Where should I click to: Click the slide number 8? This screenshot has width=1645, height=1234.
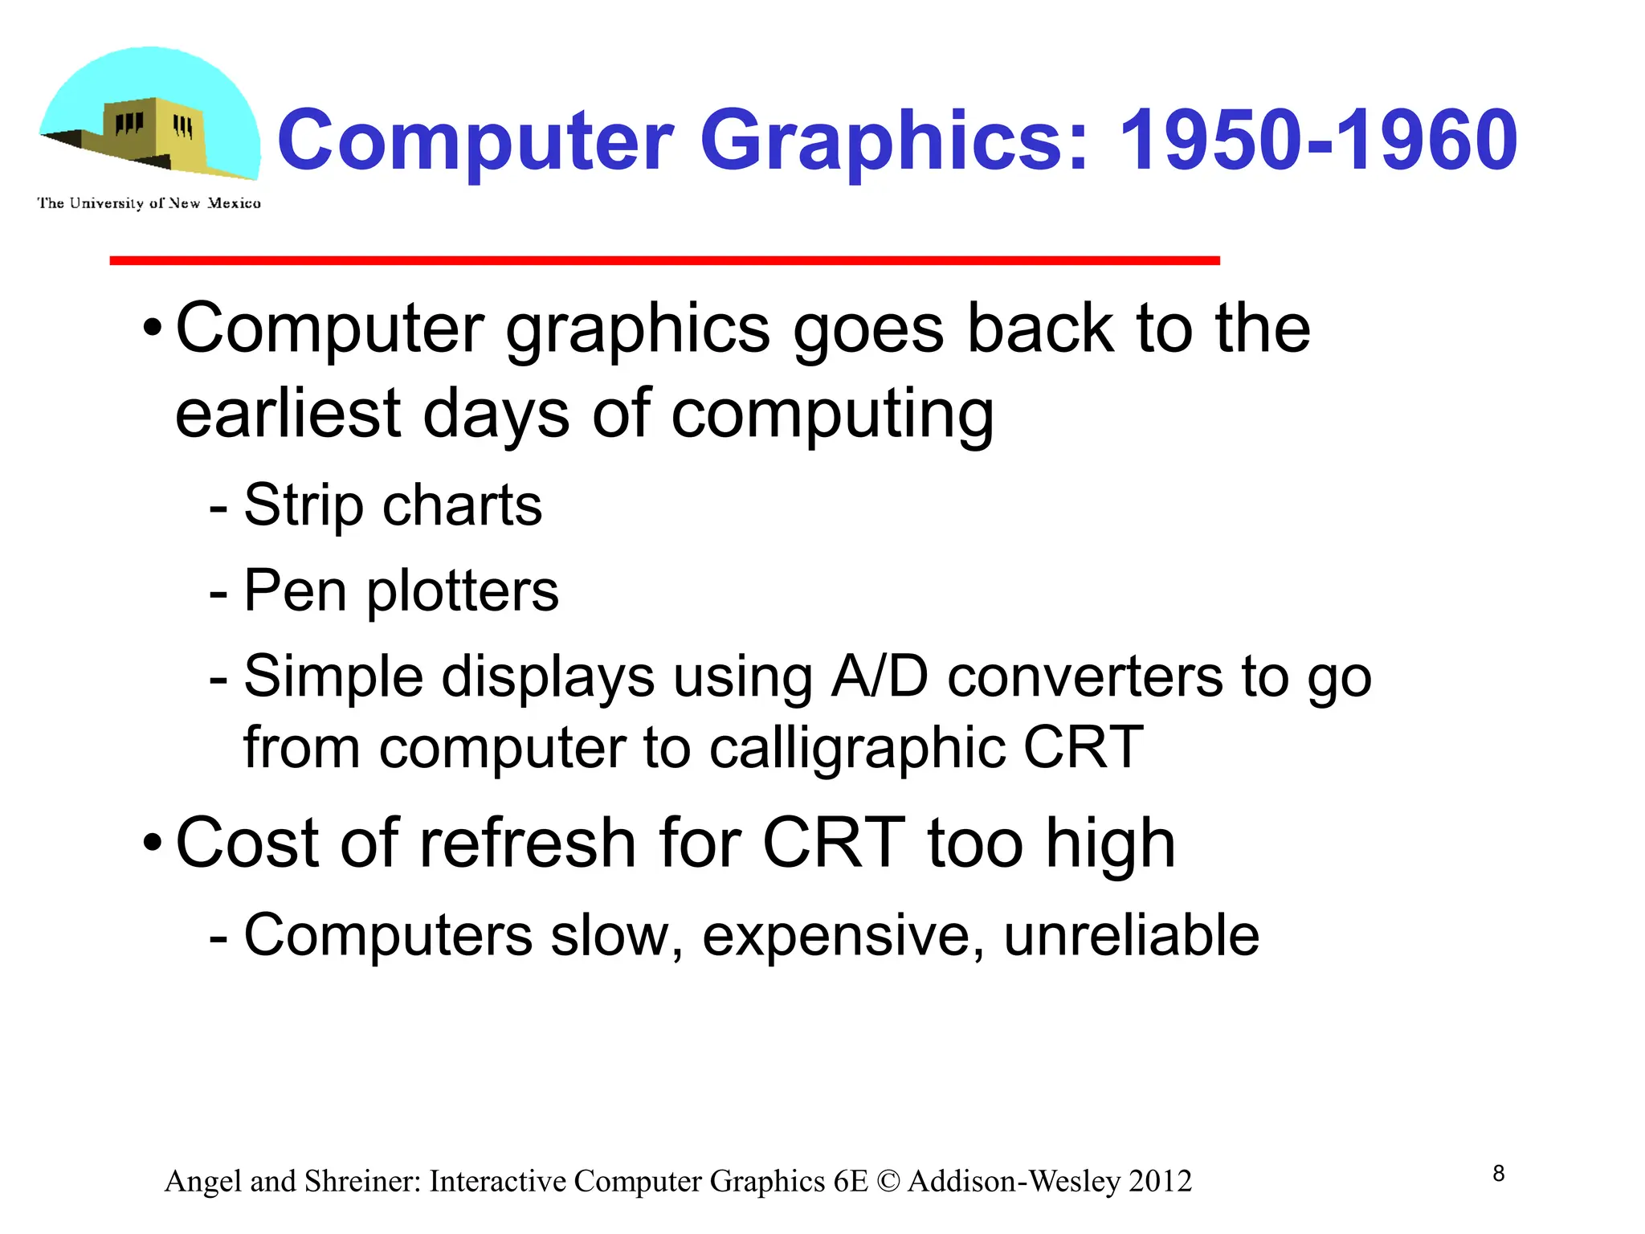pyautogui.click(x=1498, y=1174)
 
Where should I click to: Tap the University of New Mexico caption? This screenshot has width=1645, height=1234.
pyautogui.click(x=149, y=203)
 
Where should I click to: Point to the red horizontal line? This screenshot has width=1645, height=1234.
pyautogui.click(x=664, y=260)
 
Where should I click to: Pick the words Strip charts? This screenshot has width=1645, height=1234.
pyautogui.click(x=393, y=505)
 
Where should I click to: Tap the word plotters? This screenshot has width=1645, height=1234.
pyautogui.click(x=462, y=591)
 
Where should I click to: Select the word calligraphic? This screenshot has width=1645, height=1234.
pyautogui.click(x=857, y=748)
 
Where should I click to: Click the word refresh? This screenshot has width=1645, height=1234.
pyautogui.click(x=528, y=844)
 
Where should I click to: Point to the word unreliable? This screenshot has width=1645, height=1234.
pyautogui.click(x=1131, y=935)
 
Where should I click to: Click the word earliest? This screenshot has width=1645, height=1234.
pyautogui.click(x=288, y=414)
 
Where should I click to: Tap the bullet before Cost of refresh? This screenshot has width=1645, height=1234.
pyautogui.click(x=152, y=844)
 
